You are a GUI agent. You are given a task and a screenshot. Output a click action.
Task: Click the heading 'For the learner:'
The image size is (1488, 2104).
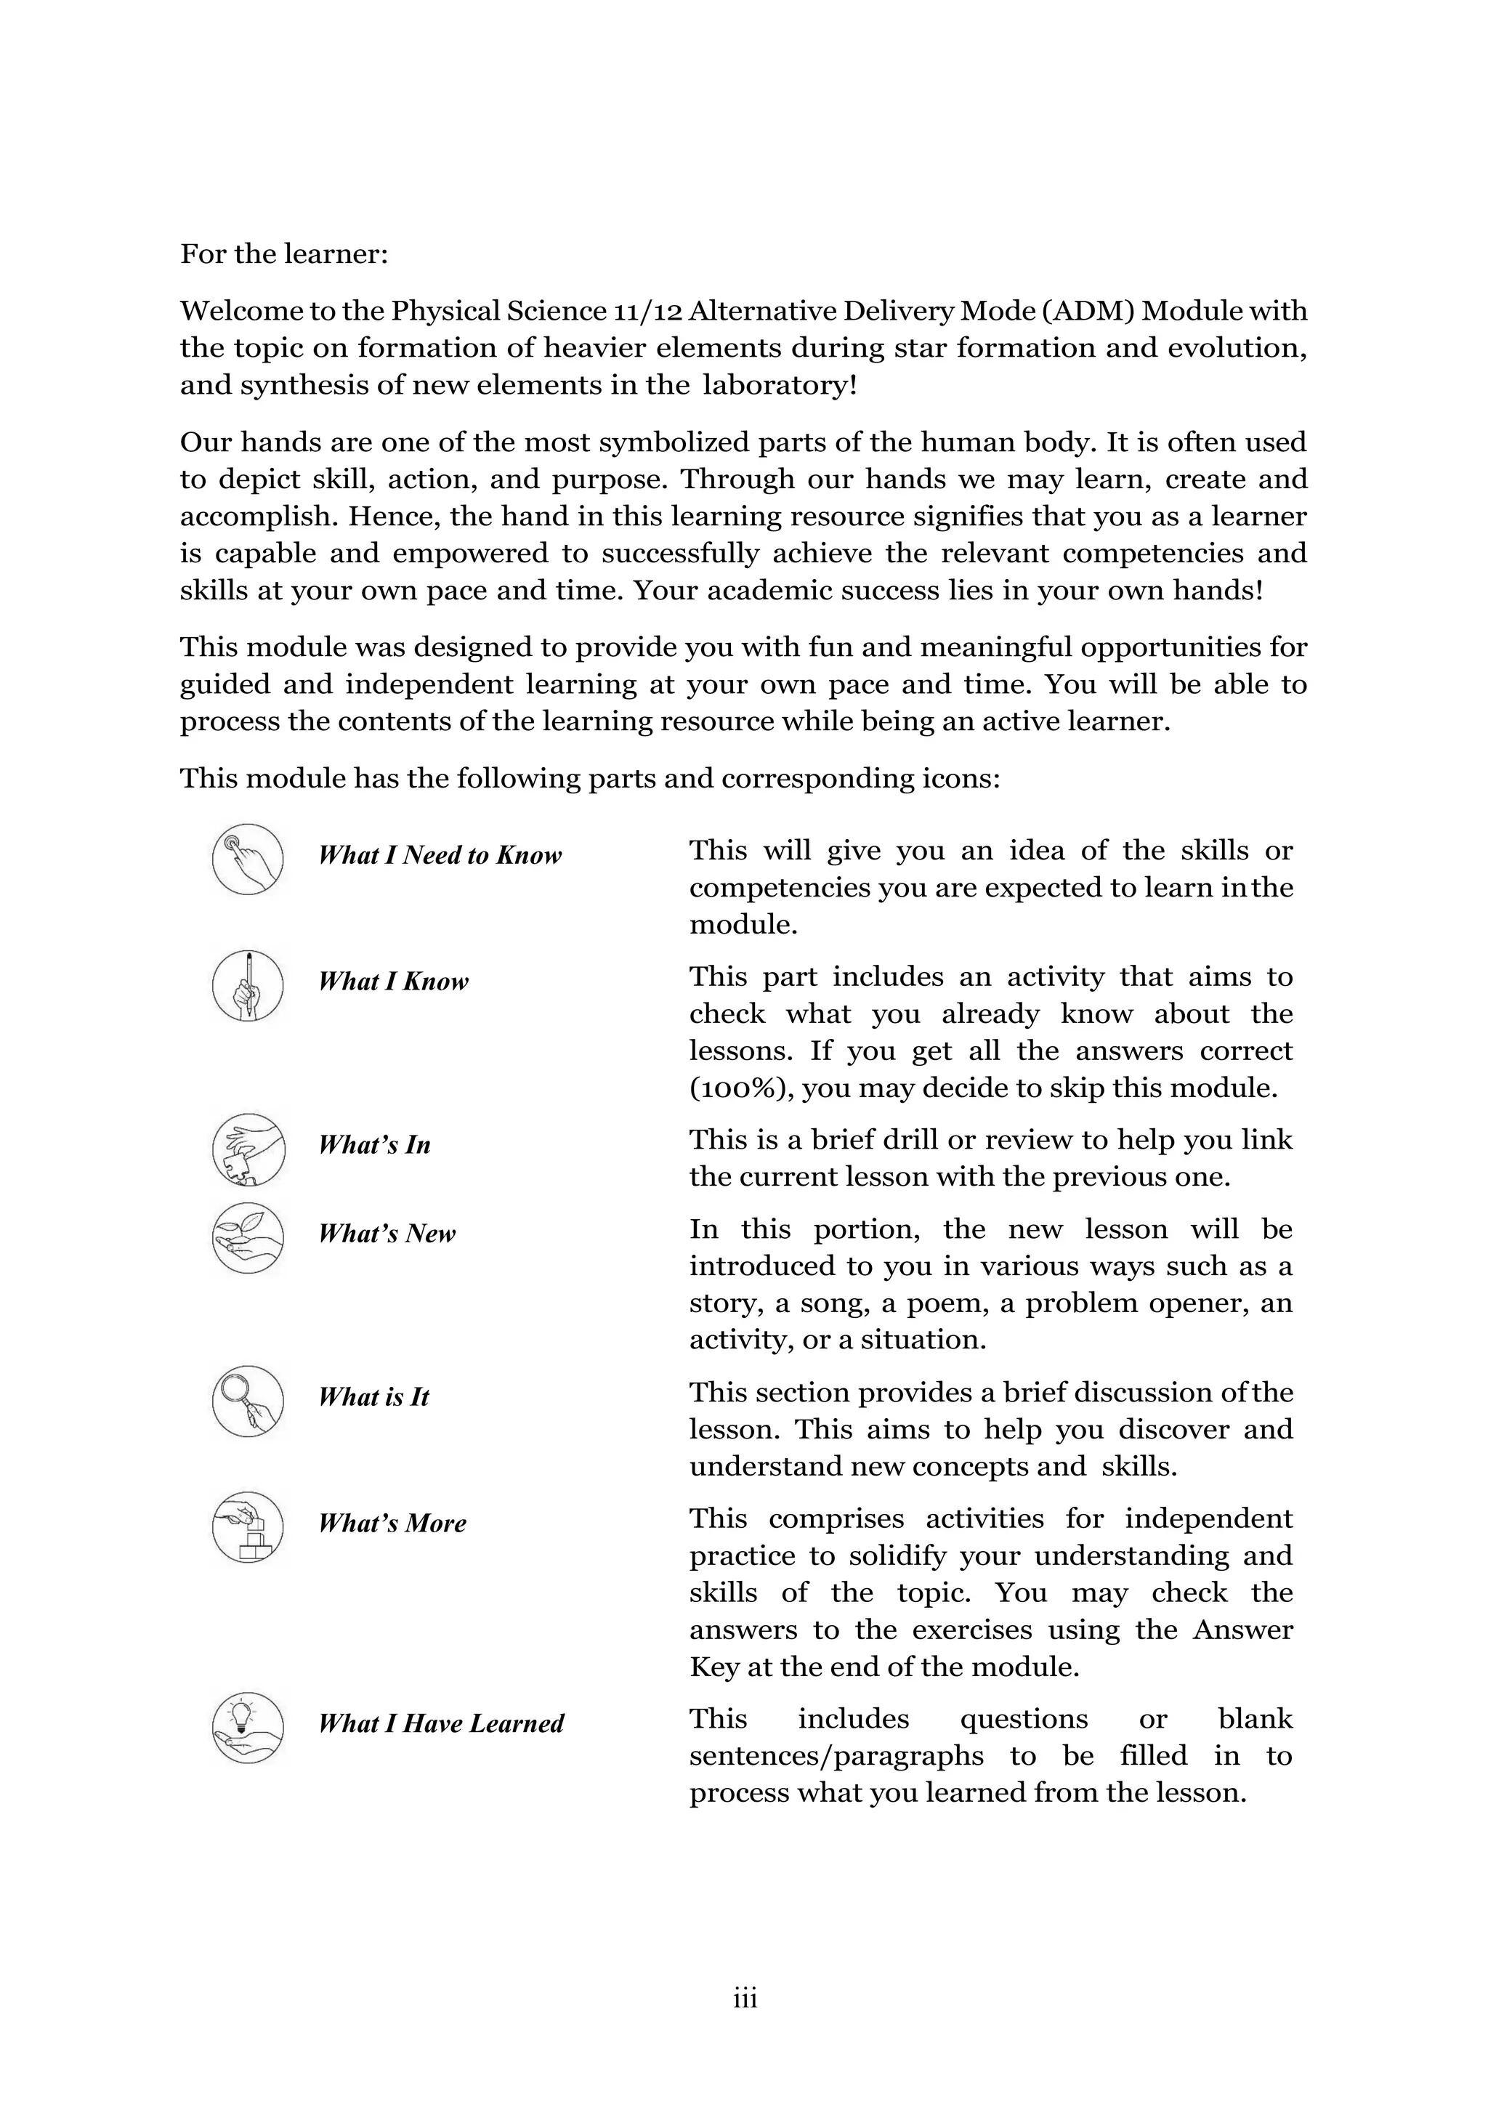[x=284, y=254]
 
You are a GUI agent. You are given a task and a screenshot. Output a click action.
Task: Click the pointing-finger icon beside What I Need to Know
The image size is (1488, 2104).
[x=247, y=859]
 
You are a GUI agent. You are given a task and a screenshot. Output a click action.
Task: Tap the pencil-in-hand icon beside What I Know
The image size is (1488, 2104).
[x=247, y=986]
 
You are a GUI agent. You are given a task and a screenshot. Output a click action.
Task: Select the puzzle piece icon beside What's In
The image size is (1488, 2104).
[x=247, y=1149]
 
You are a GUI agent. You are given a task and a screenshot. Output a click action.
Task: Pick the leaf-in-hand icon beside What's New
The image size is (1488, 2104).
[x=247, y=1238]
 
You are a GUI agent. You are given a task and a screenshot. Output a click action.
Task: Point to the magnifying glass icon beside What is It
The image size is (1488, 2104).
[x=247, y=1401]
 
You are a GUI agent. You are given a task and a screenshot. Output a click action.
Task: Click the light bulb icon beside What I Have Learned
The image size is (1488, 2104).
[x=247, y=1728]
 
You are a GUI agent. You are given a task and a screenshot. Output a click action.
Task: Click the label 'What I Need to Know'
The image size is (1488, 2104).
[x=440, y=855]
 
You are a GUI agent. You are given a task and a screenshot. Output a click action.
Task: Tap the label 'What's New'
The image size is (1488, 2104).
[x=387, y=1234]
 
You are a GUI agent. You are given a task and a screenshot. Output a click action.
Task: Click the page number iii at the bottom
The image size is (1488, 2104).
[x=745, y=1999]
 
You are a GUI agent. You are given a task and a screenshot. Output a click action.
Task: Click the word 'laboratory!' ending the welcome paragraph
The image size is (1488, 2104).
[x=780, y=385]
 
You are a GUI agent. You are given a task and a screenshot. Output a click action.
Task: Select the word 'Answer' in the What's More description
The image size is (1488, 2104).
[x=1242, y=1630]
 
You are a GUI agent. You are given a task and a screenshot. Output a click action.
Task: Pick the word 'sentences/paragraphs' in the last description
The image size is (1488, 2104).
[x=836, y=1756]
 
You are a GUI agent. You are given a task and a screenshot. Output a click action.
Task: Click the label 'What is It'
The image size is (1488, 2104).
[x=374, y=1396]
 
